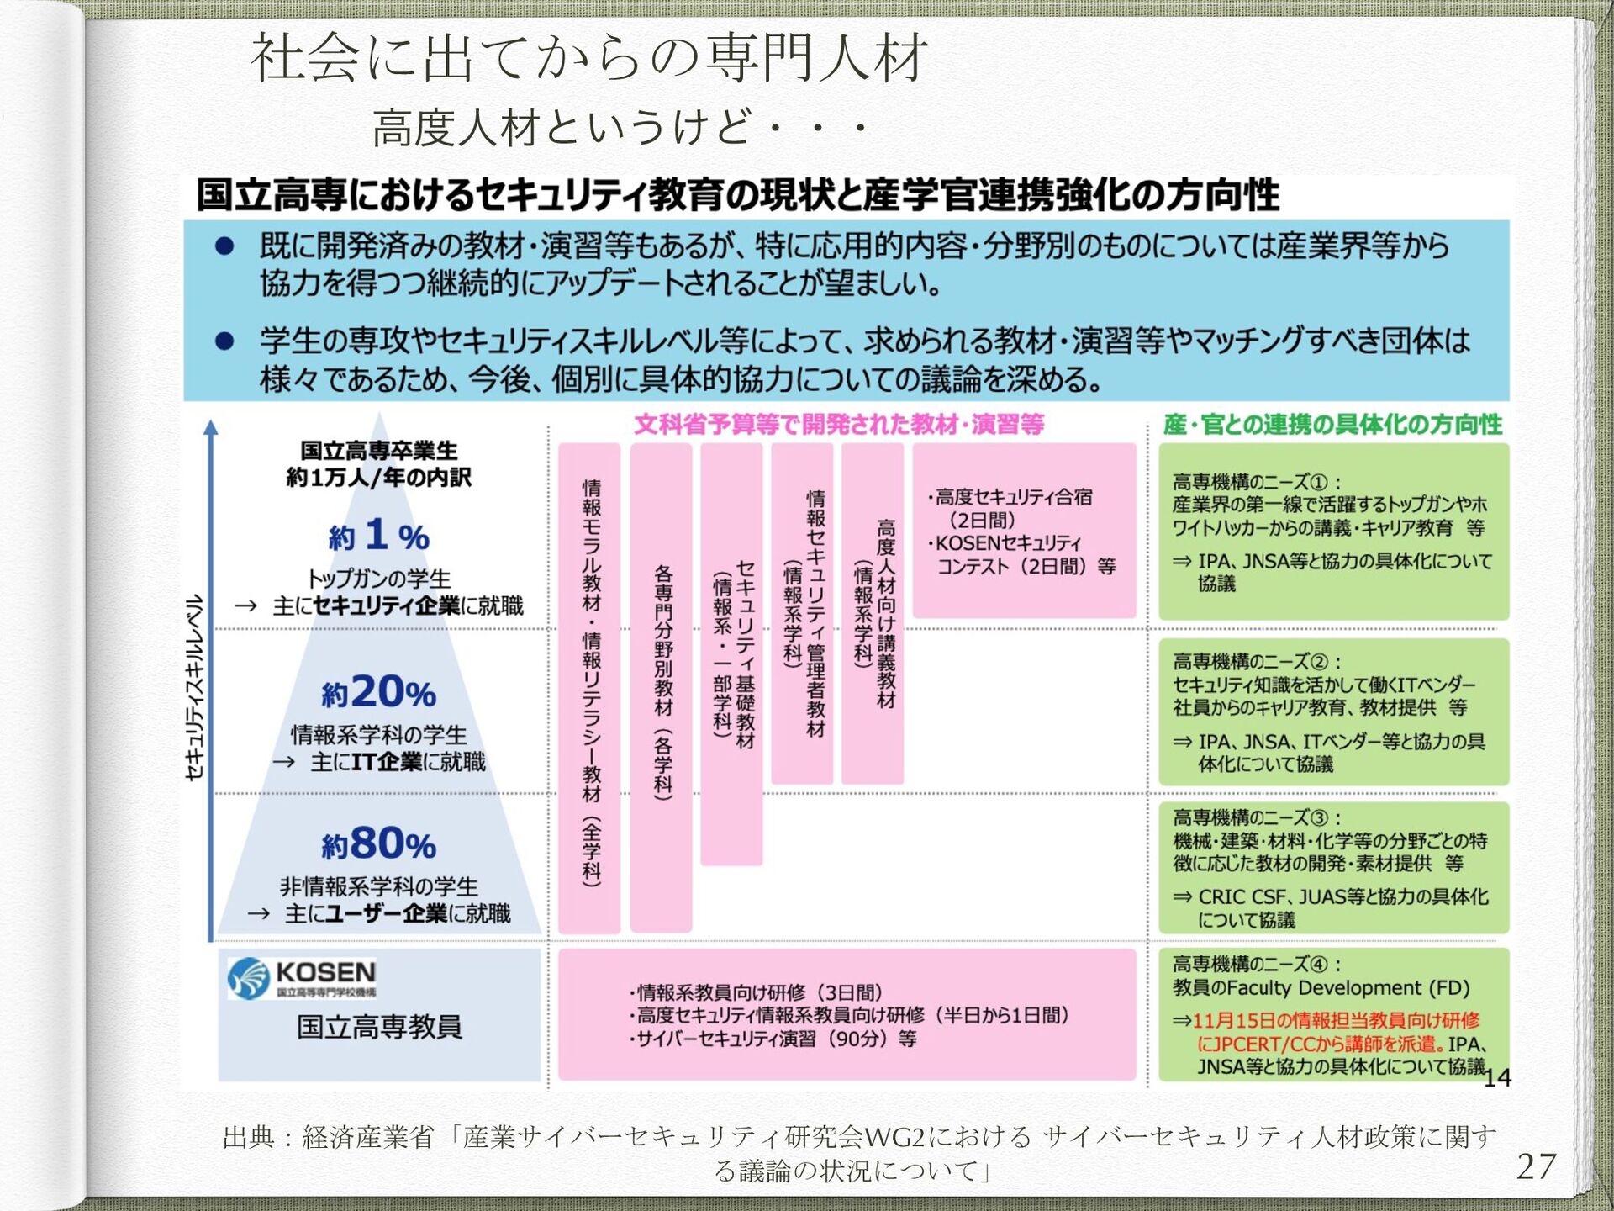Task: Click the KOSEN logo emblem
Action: [x=248, y=978]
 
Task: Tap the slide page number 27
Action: [x=1536, y=1166]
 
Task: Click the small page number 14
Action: [x=1497, y=1078]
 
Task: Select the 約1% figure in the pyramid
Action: [x=379, y=536]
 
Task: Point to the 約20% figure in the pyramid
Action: [x=379, y=693]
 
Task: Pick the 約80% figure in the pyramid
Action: [x=379, y=843]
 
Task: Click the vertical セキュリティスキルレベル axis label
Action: [x=195, y=686]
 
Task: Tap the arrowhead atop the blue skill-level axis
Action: [x=211, y=427]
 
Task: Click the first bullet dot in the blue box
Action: [x=224, y=246]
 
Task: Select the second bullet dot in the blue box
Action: [x=224, y=341]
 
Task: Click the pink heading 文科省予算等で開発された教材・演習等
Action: [x=838, y=424]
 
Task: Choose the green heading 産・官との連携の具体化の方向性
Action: [x=1332, y=424]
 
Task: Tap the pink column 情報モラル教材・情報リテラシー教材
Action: [x=590, y=685]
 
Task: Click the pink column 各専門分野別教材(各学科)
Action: [x=662, y=685]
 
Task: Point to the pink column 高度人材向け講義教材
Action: [x=873, y=614]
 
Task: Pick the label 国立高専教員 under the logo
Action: [x=379, y=1027]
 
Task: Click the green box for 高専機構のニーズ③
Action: [x=1333, y=867]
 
